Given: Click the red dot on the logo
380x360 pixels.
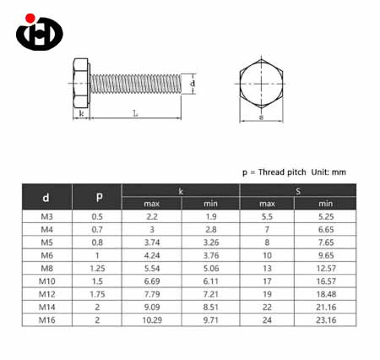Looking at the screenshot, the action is click(x=30, y=18).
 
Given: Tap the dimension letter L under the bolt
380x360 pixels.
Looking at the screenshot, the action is click(x=135, y=113).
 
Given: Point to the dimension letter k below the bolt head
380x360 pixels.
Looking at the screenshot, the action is click(x=81, y=113).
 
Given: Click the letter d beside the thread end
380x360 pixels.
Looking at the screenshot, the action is click(x=193, y=84).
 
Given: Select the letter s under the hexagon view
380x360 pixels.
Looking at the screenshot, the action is click(x=261, y=117).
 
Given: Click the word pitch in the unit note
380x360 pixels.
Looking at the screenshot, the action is click(x=295, y=172).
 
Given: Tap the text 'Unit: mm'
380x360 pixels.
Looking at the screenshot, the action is click(x=328, y=172).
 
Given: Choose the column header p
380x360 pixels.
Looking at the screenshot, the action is click(x=99, y=196).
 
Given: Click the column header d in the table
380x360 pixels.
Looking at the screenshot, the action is click(x=46, y=198).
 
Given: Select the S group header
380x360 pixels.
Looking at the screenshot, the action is click(x=298, y=191).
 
